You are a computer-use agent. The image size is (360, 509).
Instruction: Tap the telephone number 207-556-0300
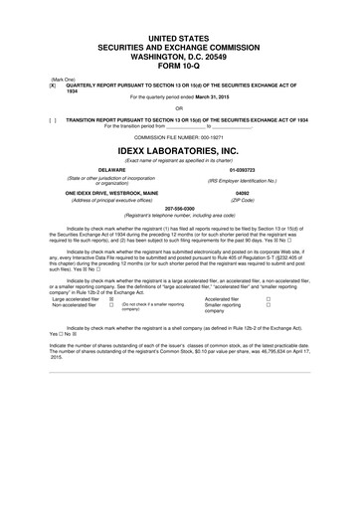[180, 209]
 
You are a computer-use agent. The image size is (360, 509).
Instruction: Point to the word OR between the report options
[180, 109]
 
